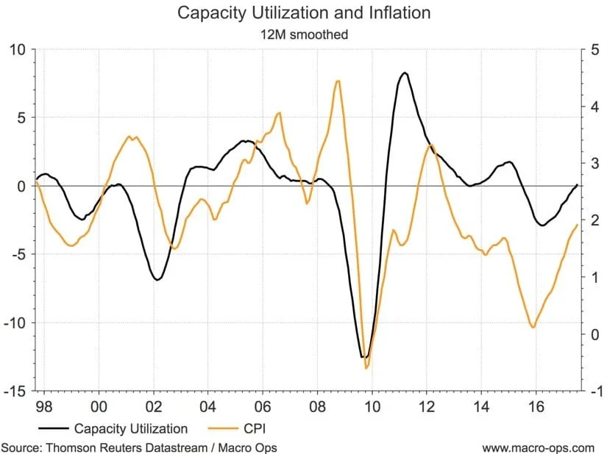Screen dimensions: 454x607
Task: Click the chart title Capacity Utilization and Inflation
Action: (304, 12)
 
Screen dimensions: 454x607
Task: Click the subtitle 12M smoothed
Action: (304, 33)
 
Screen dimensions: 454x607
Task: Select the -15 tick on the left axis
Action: (15, 391)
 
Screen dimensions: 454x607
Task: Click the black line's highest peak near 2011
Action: (405, 73)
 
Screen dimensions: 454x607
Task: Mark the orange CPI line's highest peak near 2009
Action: (338, 81)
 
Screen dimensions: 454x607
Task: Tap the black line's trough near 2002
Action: (157, 280)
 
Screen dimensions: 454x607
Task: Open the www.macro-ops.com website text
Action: (538, 447)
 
